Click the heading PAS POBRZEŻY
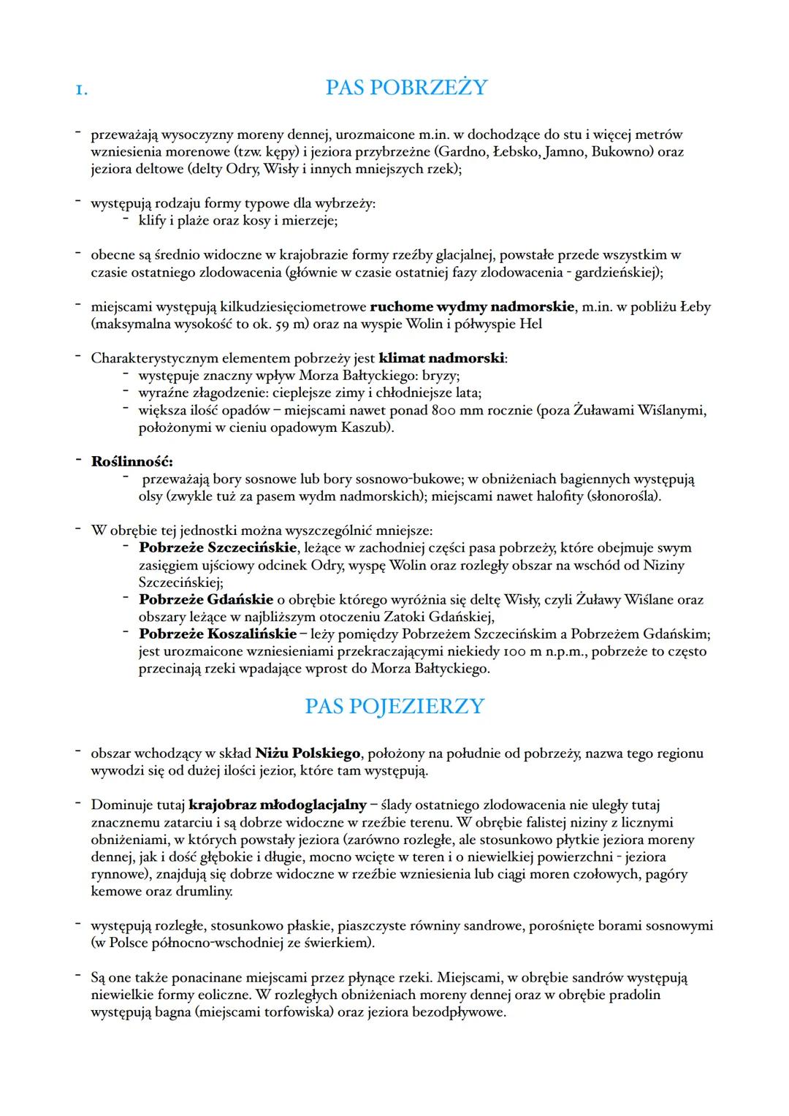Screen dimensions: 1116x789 (x=405, y=88)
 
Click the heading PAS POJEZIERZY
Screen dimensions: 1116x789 (x=394, y=707)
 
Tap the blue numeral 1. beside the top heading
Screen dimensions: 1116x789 (x=81, y=90)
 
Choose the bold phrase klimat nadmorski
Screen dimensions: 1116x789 (x=442, y=359)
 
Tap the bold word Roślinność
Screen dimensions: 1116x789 (x=131, y=462)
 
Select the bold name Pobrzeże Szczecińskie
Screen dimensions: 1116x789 (x=218, y=547)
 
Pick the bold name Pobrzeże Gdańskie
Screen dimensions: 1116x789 (x=206, y=600)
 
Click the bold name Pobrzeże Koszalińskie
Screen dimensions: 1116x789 (x=218, y=634)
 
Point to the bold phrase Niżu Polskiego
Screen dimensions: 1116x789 (x=308, y=754)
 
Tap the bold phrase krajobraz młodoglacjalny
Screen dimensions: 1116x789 (x=278, y=805)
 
